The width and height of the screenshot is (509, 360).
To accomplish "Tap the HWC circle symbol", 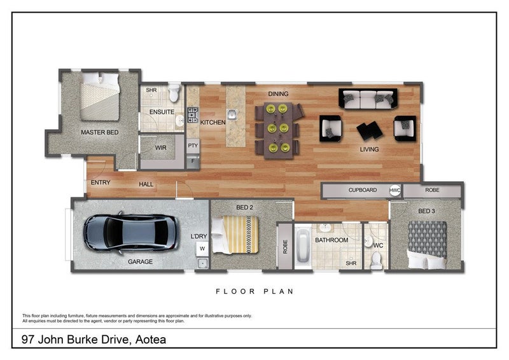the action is click(x=394, y=190).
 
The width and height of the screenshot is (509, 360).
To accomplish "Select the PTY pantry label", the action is click(x=193, y=146).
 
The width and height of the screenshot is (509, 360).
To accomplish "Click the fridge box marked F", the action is click(x=193, y=161).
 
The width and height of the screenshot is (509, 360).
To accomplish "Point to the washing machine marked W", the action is click(x=202, y=249).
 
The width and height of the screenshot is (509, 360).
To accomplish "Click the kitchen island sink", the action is click(x=232, y=114).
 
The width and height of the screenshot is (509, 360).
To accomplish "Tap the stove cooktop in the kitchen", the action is click(x=193, y=115).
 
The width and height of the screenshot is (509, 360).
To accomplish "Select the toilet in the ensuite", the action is click(x=174, y=92).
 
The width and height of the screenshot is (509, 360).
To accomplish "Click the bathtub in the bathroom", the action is click(x=303, y=246).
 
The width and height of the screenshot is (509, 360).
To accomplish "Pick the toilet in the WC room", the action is click(x=376, y=261).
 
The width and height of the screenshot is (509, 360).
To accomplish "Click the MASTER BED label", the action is click(x=100, y=132).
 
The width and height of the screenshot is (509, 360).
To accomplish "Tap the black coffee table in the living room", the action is click(x=370, y=131).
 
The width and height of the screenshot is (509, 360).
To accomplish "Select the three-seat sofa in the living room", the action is click(x=368, y=99).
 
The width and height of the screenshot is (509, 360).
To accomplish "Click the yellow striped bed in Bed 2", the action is click(x=235, y=235).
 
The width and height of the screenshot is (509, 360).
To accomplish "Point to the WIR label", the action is click(x=160, y=148).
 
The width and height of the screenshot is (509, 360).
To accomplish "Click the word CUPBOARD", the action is click(x=363, y=190).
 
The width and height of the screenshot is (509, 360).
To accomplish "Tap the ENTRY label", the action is click(x=101, y=183).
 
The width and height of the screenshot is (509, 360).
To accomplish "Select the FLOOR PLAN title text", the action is click(x=255, y=291).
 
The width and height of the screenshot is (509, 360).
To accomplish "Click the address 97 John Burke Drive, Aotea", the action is click(x=94, y=340).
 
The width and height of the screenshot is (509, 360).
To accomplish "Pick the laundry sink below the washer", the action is click(x=202, y=263).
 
